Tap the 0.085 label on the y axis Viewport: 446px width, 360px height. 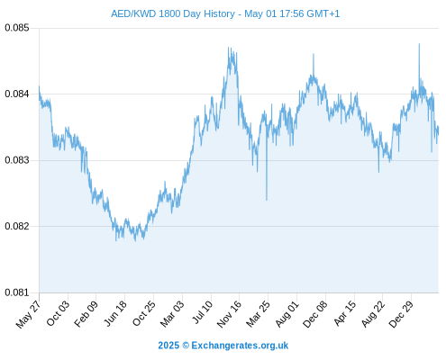coord(17,28)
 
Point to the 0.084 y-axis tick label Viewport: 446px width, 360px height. coord(17,94)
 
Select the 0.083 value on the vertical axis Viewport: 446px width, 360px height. coord(17,160)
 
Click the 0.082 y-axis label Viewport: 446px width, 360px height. coord(17,226)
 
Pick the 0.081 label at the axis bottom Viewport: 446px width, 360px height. coord(17,292)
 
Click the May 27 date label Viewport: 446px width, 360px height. coord(28,314)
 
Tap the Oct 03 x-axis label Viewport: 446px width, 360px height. coord(58,313)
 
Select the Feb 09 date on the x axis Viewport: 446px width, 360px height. coord(86,313)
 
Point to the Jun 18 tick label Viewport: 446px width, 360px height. coord(115,313)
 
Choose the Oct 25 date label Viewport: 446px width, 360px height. coord(144,313)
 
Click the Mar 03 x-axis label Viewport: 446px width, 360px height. coord(172,313)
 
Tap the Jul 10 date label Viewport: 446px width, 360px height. coord(203,312)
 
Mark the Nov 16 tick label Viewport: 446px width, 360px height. coord(229,314)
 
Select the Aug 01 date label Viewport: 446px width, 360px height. coord(287,313)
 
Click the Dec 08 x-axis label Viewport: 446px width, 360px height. coord(315,314)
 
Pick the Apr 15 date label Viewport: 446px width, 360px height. coord(345,313)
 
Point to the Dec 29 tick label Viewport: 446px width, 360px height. coord(401,314)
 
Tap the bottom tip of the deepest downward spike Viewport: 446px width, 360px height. coord(267,200)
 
